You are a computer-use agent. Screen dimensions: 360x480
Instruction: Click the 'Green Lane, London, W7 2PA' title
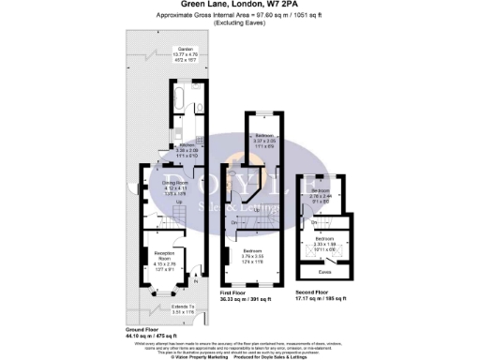240,5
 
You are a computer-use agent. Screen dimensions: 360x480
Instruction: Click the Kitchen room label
171,146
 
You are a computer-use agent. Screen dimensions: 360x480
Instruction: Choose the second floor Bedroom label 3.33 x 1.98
323,241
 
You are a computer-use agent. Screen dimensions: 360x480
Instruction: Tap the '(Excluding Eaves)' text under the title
240,25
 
